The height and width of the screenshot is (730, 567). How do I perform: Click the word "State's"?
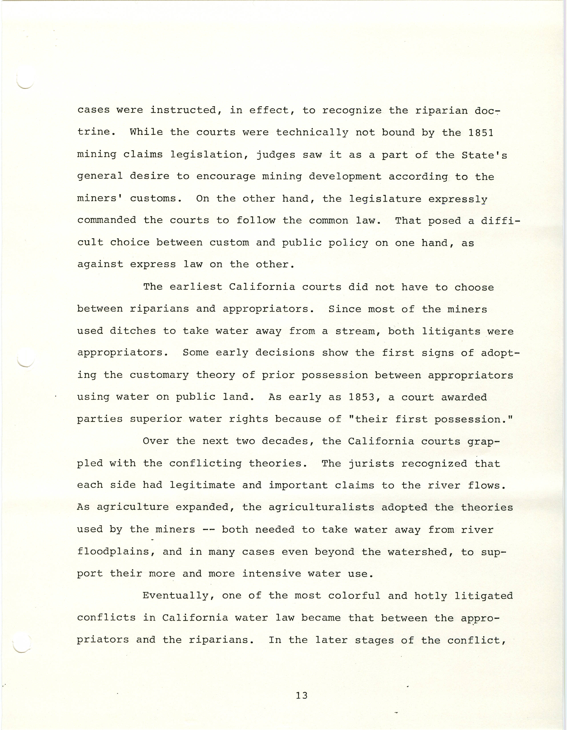(484, 155)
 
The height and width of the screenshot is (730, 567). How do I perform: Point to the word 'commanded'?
(107, 220)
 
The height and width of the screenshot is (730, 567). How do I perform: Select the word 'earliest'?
(196, 287)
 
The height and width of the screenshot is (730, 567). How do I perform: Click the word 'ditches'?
(133, 331)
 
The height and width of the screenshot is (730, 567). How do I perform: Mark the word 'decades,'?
(288, 441)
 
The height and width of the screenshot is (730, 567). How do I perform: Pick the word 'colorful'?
(354, 595)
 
